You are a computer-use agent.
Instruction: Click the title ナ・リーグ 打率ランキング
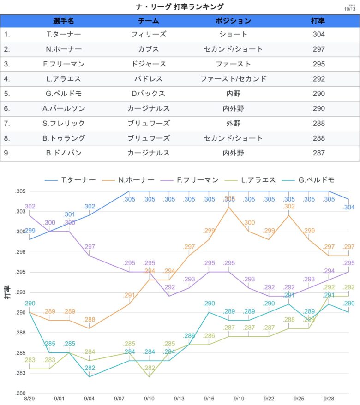tap(180, 6)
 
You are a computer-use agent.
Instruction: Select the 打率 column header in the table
tap(318, 21)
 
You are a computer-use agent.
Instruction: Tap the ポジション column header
tap(233, 21)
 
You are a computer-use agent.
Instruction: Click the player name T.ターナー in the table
tap(65, 34)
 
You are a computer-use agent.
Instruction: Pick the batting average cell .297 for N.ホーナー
tap(318, 49)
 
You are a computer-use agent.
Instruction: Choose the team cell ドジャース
tap(149, 64)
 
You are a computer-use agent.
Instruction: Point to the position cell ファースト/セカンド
tap(233, 79)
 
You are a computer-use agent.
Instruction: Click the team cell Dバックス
tap(149, 94)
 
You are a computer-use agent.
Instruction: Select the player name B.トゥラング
tap(65, 138)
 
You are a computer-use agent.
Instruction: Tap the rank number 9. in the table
tap(7, 153)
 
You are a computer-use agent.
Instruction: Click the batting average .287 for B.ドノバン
tap(318, 153)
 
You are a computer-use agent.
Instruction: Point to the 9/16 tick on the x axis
tap(209, 398)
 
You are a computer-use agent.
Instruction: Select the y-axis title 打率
tap(7, 292)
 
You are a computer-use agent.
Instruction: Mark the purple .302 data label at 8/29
tap(30, 207)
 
